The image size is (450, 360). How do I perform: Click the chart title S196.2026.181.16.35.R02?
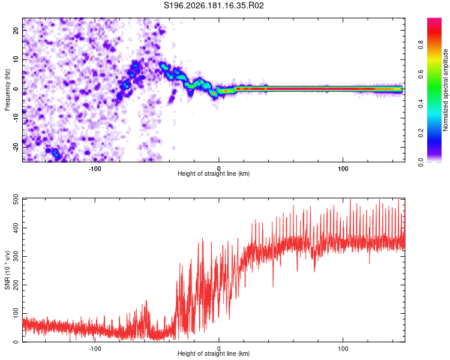tap(214, 5)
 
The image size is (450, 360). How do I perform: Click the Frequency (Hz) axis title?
tap(7, 90)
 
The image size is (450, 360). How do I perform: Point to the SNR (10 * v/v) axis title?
tap(7, 270)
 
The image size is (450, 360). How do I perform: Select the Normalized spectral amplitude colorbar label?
tap(445, 90)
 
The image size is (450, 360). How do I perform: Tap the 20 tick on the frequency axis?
tap(16, 31)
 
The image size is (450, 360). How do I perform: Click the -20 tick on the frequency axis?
tap(16, 147)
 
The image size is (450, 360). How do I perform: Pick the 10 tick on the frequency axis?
tap(16, 59)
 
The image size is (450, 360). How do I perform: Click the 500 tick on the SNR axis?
tap(16, 200)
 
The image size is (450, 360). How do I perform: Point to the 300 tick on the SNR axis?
tap(16, 256)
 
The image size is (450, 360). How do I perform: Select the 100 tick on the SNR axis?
tap(16, 313)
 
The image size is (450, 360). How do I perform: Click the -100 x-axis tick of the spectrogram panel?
tap(95, 169)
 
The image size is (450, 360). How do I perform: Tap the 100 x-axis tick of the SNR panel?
tap(343, 349)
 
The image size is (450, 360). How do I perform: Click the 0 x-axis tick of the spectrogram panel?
tap(218, 169)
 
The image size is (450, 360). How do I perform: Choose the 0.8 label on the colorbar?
tap(421, 45)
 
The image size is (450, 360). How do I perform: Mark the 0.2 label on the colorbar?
tap(421, 133)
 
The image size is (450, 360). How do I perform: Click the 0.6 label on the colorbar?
tap(421, 74)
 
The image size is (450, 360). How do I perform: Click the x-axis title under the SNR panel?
tap(214, 353)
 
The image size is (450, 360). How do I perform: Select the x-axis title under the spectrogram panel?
tap(214, 173)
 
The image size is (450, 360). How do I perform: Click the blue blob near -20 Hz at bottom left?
tap(55, 152)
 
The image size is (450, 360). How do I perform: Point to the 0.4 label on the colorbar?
tap(421, 104)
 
